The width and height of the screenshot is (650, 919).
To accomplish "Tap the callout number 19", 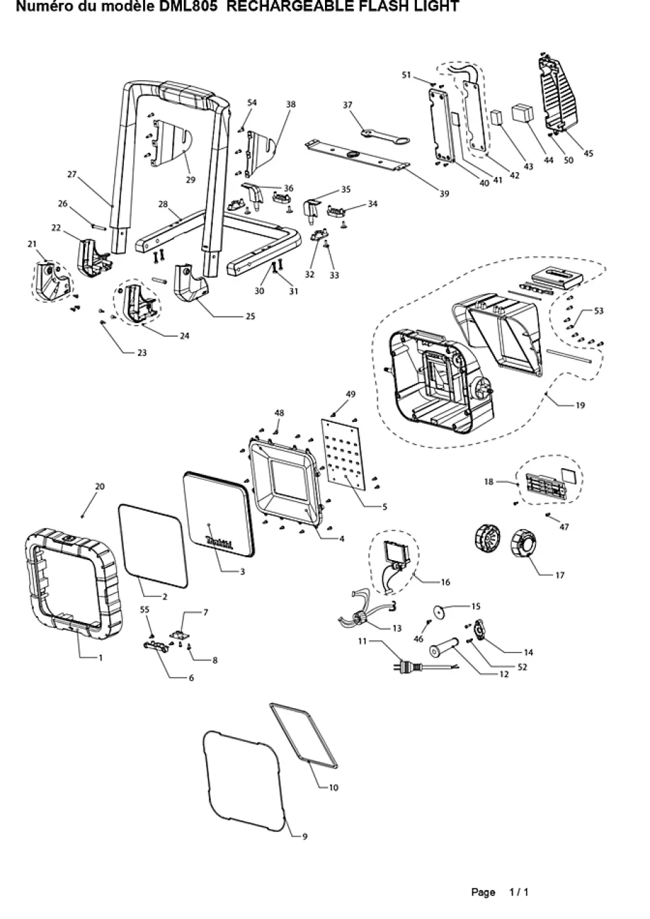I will point(580,405).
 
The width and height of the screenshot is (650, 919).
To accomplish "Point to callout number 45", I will point(588,154).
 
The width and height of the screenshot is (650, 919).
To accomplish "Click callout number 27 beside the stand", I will point(72,174).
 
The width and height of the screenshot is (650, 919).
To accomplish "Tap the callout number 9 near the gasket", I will point(304,837).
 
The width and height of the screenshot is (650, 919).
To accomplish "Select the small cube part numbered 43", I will point(496,117).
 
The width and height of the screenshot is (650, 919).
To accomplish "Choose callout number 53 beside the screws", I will point(599,311).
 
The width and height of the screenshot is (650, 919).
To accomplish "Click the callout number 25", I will point(250,317).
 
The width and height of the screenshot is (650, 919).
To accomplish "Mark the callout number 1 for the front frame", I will point(100,658).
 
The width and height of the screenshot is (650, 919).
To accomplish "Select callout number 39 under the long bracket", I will point(445,194).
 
